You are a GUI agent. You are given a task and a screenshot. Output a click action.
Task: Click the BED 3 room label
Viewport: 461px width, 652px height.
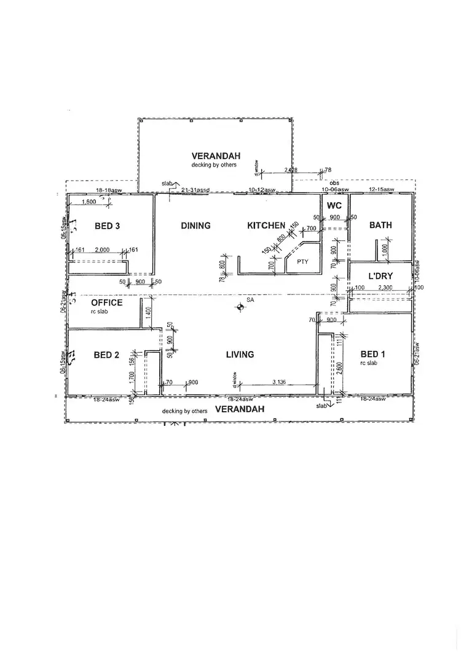[x=107, y=226]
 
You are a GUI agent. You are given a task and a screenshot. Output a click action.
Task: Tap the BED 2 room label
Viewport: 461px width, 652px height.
[x=106, y=355]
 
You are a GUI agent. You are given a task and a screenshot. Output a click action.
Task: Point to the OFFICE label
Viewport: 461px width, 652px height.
[x=107, y=303]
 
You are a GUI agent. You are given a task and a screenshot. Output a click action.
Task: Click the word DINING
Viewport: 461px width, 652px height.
[x=195, y=226]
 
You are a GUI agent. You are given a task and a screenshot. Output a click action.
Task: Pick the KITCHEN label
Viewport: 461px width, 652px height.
[x=266, y=226]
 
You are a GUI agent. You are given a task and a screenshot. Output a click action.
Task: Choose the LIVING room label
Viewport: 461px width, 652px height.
[x=240, y=355]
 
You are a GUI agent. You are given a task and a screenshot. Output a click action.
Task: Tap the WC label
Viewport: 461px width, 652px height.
[x=334, y=205]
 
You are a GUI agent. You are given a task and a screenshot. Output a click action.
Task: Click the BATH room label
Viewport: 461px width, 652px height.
[x=380, y=226]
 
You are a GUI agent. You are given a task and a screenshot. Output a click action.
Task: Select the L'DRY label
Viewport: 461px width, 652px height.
[x=380, y=277]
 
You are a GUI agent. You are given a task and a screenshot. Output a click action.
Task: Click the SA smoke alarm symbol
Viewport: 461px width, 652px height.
[x=240, y=307]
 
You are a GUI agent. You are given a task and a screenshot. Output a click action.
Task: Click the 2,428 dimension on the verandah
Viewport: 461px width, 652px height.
[x=291, y=170]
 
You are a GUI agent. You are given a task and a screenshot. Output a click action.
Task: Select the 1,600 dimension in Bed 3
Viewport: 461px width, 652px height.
[x=89, y=202]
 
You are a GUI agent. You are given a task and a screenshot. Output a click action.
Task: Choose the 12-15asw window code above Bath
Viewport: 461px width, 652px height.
[x=380, y=189]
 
